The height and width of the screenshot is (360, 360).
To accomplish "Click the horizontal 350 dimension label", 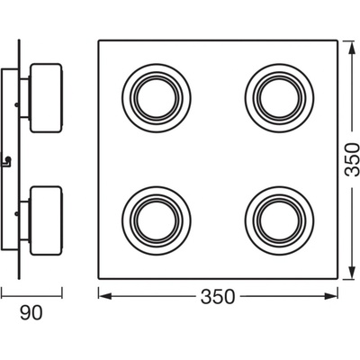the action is point(218,297).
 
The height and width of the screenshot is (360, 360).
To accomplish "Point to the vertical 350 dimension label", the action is point(352,159).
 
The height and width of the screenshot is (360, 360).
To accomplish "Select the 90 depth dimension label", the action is point(31,313).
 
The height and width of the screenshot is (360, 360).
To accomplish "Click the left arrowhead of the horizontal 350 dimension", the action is point(105,296).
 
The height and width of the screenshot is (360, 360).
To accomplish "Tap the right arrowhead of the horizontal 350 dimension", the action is point(330,296).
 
